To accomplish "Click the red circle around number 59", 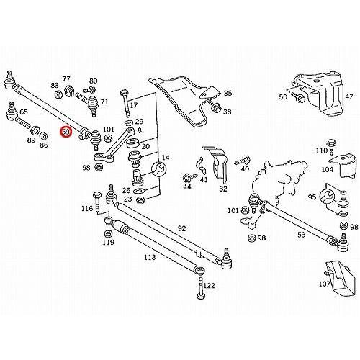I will pyautogui.click(x=66, y=132).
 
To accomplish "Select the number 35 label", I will pyautogui.click(x=228, y=94).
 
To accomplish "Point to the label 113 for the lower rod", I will pyautogui.click(x=149, y=256).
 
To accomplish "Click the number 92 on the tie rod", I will pyautogui.click(x=181, y=228).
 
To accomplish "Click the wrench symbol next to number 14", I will pyautogui.click(x=161, y=170).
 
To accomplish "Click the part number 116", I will pyautogui.click(x=87, y=208).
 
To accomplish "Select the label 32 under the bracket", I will pyautogui.click(x=223, y=189).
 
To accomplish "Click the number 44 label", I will pyautogui.click(x=187, y=186).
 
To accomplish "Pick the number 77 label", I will pyautogui.click(x=66, y=78).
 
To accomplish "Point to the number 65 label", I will pyautogui.click(x=24, y=112).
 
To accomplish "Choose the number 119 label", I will pyautogui.click(x=108, y=243).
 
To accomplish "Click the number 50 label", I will pyautogui.click(x=283, y=96).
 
